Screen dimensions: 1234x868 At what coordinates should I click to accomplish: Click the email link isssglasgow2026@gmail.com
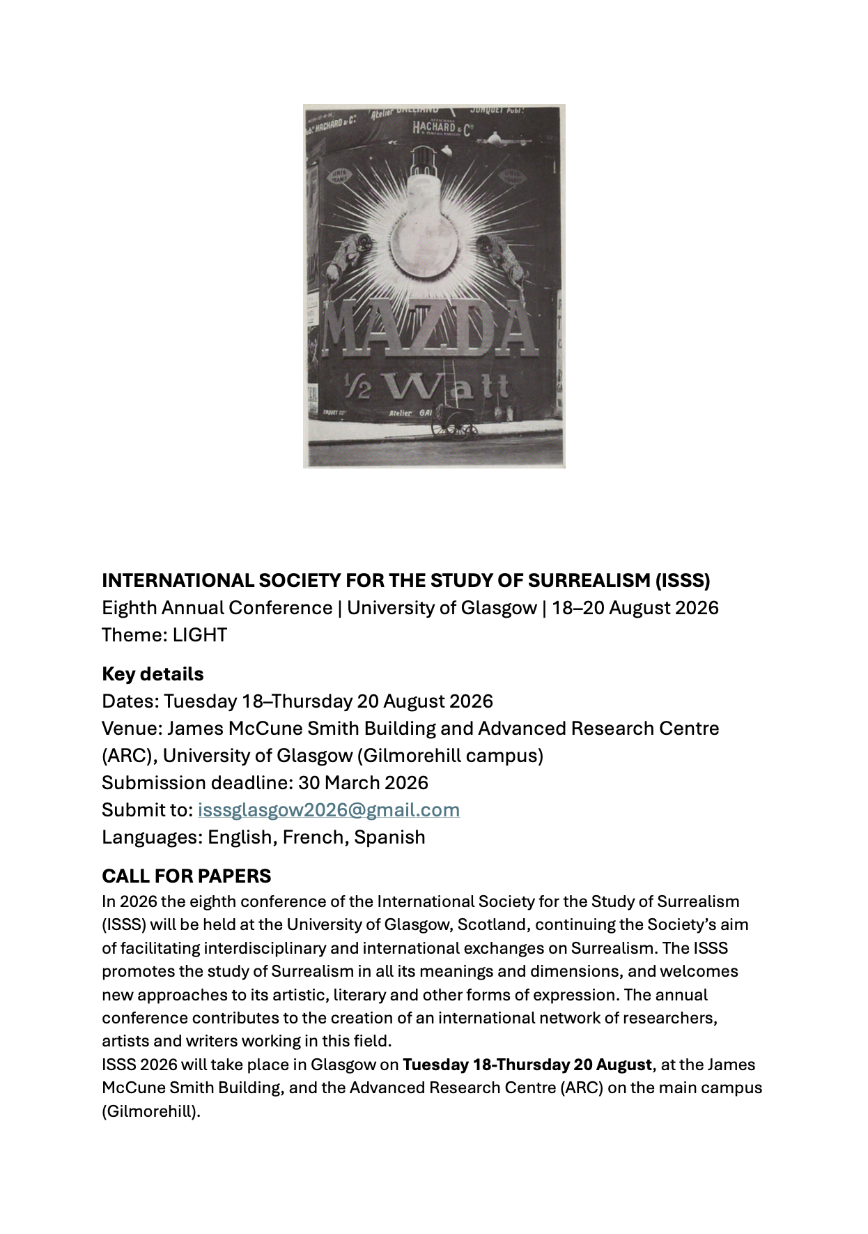click(x=328, y=810)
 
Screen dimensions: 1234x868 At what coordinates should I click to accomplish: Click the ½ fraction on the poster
click(x=359, y=386)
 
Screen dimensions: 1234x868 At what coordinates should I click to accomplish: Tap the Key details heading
click(x=153, y=674)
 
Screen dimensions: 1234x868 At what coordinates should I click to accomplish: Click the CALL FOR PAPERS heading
click(x=186, y=876)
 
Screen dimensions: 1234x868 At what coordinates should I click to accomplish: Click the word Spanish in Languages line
click(x=389, y=837)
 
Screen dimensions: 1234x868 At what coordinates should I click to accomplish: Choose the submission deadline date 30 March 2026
click(x=363, y=783)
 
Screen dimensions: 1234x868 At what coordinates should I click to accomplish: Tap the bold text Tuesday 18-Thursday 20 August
click(x=527, y=1065)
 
